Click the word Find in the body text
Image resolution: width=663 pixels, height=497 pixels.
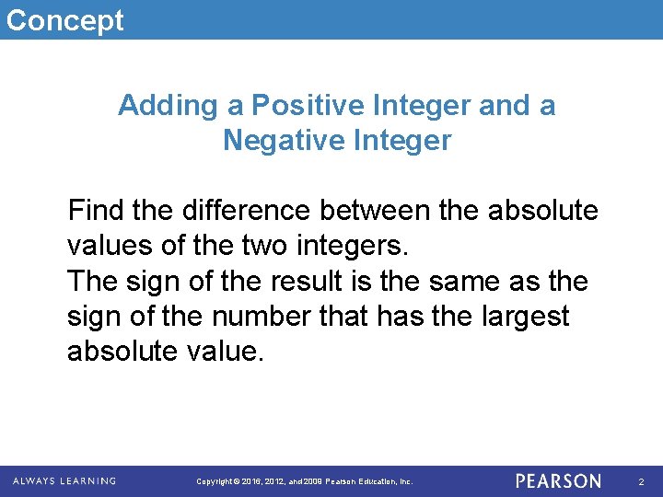[96, 211]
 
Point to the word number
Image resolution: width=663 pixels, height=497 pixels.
[265, 317]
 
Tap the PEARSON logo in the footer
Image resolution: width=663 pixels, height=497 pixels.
[558, 480]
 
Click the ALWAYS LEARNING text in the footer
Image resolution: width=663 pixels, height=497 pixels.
[64, 480]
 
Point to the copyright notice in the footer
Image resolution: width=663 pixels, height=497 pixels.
[306, 481]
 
